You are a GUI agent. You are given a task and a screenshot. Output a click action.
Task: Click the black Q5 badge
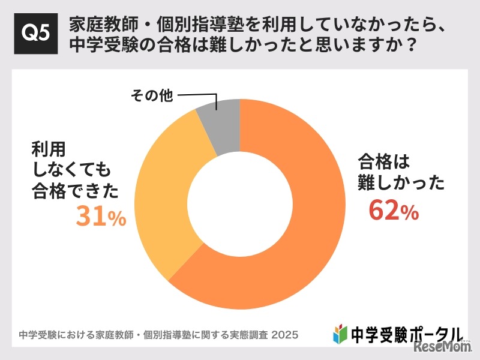tap(35, 35)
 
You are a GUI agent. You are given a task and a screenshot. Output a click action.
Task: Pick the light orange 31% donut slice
tap(162, 198)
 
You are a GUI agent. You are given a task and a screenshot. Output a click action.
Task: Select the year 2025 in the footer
tap(285, 334)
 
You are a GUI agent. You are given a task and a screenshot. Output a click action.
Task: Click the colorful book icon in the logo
tap(340, 334)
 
